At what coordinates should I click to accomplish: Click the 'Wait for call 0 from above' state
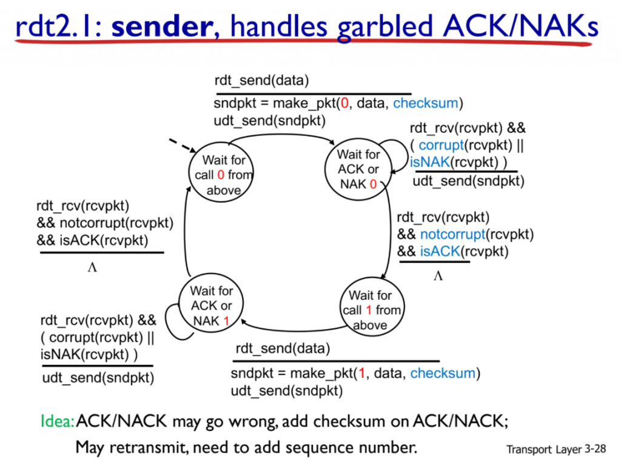click(x=221, y=172)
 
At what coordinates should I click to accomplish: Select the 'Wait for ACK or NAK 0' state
click(x=358, y=169)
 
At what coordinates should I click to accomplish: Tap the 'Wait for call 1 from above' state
click(x=372, y=307)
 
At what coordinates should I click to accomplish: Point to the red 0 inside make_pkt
click(x=344, y=103)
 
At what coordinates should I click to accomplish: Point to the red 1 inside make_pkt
click(x=361, y=373)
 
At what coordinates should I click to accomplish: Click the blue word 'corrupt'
click(x=441, y=145)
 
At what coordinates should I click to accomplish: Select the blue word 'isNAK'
click(x=430, y=162)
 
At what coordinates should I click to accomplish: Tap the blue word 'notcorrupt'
click(x=452, y=235)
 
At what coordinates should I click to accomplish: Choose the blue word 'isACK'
click(x=440, y=252)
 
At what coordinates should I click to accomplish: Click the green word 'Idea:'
click(x=58, y=421)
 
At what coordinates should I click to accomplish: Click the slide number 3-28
click(x=596, y=449)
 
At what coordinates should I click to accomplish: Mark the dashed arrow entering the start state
click(x=183, y=145)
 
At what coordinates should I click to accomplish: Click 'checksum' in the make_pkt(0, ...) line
click(x=425, y=103)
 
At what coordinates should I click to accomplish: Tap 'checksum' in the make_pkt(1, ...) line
click(x=443, y=373)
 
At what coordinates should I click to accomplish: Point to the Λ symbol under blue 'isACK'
click(x=438, y=276)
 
